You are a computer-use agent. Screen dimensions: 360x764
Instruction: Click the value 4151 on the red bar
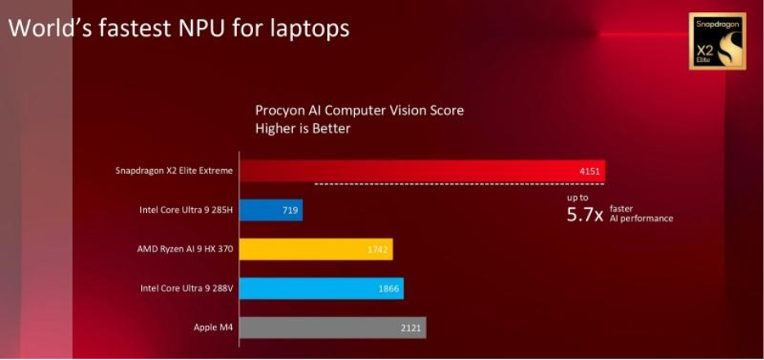589,171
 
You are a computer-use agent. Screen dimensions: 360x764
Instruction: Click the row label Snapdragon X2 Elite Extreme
175,171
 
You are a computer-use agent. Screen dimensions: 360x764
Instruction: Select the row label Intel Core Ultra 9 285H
186,211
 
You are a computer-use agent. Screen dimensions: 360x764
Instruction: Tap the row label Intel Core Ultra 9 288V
186,288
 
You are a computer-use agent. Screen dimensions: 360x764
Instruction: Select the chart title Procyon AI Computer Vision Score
359,110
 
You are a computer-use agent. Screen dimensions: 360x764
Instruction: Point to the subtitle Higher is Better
303,128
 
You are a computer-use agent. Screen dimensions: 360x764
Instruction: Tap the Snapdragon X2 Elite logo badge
717,41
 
